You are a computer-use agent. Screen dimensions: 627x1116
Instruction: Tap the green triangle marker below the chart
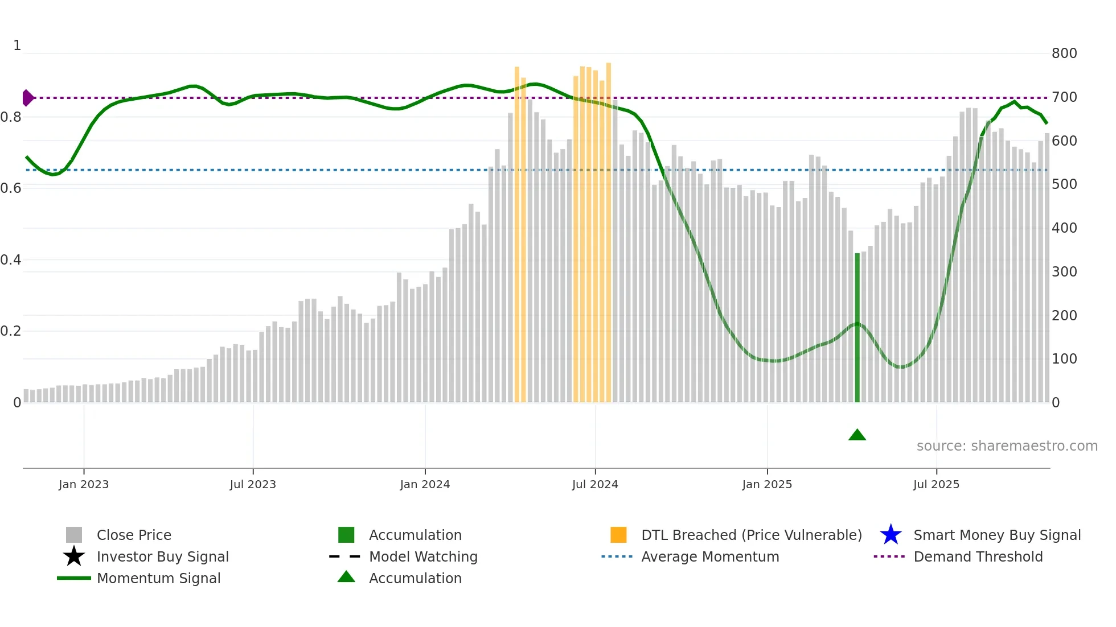[857, 435]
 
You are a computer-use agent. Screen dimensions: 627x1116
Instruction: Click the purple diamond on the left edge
[27, 98]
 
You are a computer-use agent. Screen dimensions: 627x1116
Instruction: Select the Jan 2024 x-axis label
[425, 484]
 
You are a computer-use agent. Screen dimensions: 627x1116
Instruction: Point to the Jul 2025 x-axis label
[936, 484]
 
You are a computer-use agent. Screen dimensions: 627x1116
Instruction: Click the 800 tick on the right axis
[1064, 53]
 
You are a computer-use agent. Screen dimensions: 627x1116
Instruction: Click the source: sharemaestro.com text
[1007, 446]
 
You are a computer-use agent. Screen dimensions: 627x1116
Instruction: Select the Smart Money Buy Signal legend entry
[996, 535]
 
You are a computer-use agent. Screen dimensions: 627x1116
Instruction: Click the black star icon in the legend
[74, 556]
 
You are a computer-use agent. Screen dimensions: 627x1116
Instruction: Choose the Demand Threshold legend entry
[978, 556]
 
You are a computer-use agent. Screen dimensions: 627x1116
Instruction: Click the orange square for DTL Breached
[618, 535]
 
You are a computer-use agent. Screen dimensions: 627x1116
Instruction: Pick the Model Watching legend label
[423, 556]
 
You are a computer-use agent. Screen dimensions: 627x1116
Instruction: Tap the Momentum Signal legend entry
[158, 578]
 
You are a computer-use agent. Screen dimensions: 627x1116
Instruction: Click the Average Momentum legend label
[709, 556]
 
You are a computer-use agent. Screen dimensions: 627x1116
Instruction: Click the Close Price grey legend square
[74, 535]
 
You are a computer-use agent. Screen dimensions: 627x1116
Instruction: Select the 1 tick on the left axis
[17, 46]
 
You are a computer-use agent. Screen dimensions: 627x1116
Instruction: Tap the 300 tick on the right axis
[1064, 272]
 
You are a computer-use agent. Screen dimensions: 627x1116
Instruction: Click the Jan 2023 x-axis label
[84, 484]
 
